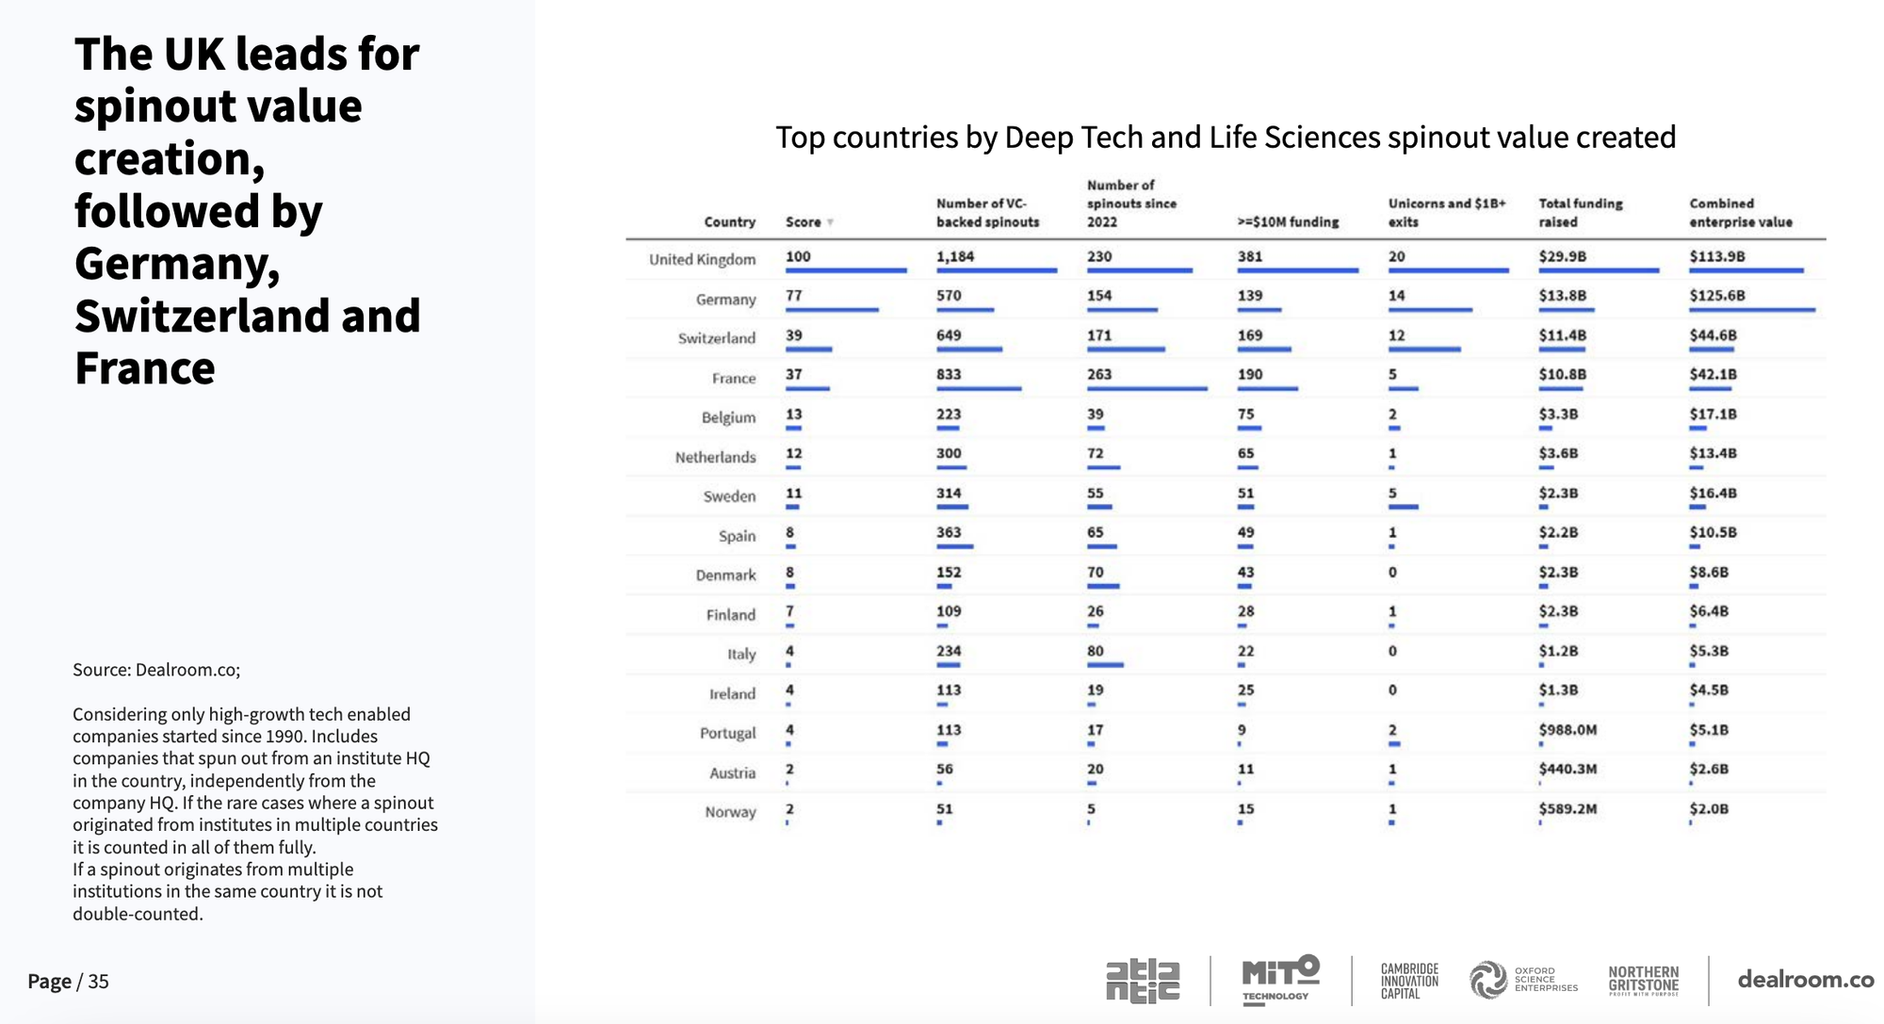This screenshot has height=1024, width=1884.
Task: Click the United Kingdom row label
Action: point(702,259)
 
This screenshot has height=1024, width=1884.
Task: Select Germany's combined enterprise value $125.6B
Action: point(1716,296)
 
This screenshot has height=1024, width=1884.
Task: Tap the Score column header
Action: point(804,222)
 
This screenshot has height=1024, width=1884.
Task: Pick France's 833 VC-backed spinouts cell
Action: point(949,374)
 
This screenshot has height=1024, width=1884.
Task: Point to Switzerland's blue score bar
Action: point(808,349)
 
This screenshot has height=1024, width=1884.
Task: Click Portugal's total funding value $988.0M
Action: point(1567,730)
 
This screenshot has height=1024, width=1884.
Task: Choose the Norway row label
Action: point(730,812)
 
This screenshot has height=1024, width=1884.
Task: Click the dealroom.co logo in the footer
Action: point(1805,980)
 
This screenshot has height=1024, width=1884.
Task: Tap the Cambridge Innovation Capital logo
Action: point(1409,981)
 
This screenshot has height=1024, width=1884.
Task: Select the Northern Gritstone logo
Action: point(1643,980)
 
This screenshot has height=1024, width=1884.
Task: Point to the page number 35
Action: point(98,982)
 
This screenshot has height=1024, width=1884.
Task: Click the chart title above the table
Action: point(1226,138)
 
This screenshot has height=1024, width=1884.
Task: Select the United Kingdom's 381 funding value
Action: point(1250,256)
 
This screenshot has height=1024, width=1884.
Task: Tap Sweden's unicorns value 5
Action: point(1392,493)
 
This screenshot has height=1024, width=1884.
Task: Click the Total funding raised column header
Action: point(1580,213)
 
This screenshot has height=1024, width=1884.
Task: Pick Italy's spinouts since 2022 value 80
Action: point(1096,651)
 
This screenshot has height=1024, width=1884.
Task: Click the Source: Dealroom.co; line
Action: point(156,670)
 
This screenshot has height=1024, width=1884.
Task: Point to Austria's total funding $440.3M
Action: point(1567,769)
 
